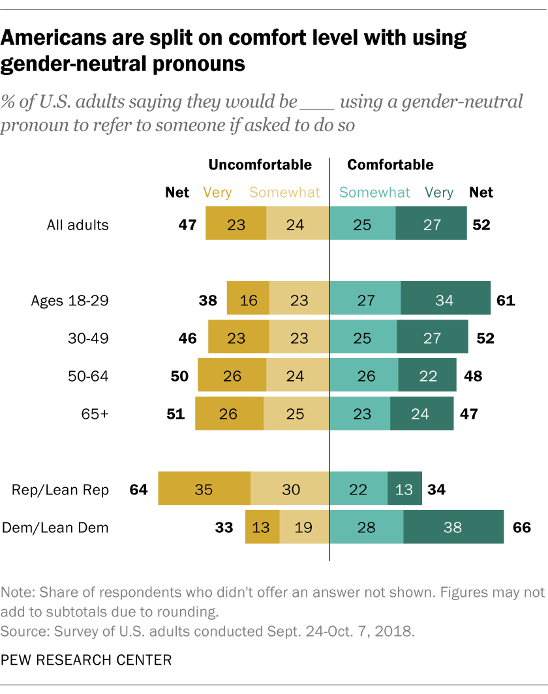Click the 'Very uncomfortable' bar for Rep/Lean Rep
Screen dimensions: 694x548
204,489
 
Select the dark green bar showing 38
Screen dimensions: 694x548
453,527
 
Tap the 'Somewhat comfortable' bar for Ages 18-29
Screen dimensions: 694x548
365,301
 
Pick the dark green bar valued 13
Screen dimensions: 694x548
404,489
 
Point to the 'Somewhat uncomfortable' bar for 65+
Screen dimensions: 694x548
296,414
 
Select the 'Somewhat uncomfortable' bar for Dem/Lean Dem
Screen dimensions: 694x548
304,527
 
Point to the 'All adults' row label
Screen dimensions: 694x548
78,225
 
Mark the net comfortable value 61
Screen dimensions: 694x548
505,301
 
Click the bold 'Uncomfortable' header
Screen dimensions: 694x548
260,165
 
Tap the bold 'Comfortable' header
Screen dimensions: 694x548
390,165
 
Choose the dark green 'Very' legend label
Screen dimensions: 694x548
439,192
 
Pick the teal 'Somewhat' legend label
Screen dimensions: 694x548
375,192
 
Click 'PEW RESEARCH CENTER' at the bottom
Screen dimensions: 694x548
86,660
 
